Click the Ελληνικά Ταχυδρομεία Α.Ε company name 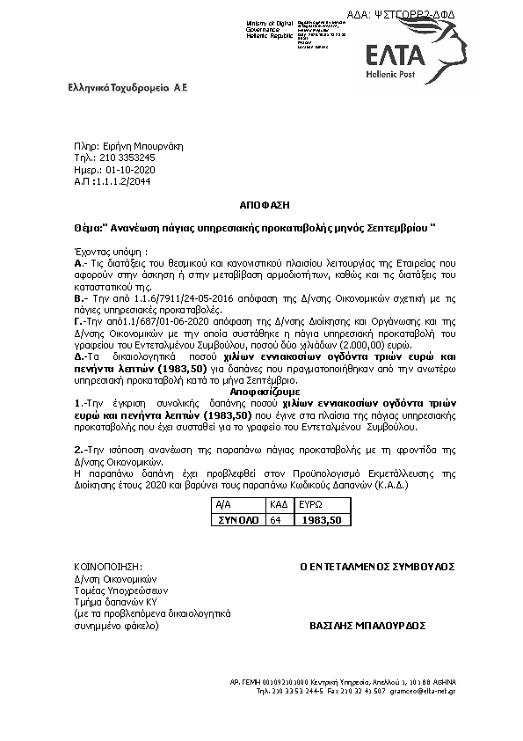(128, 88)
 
